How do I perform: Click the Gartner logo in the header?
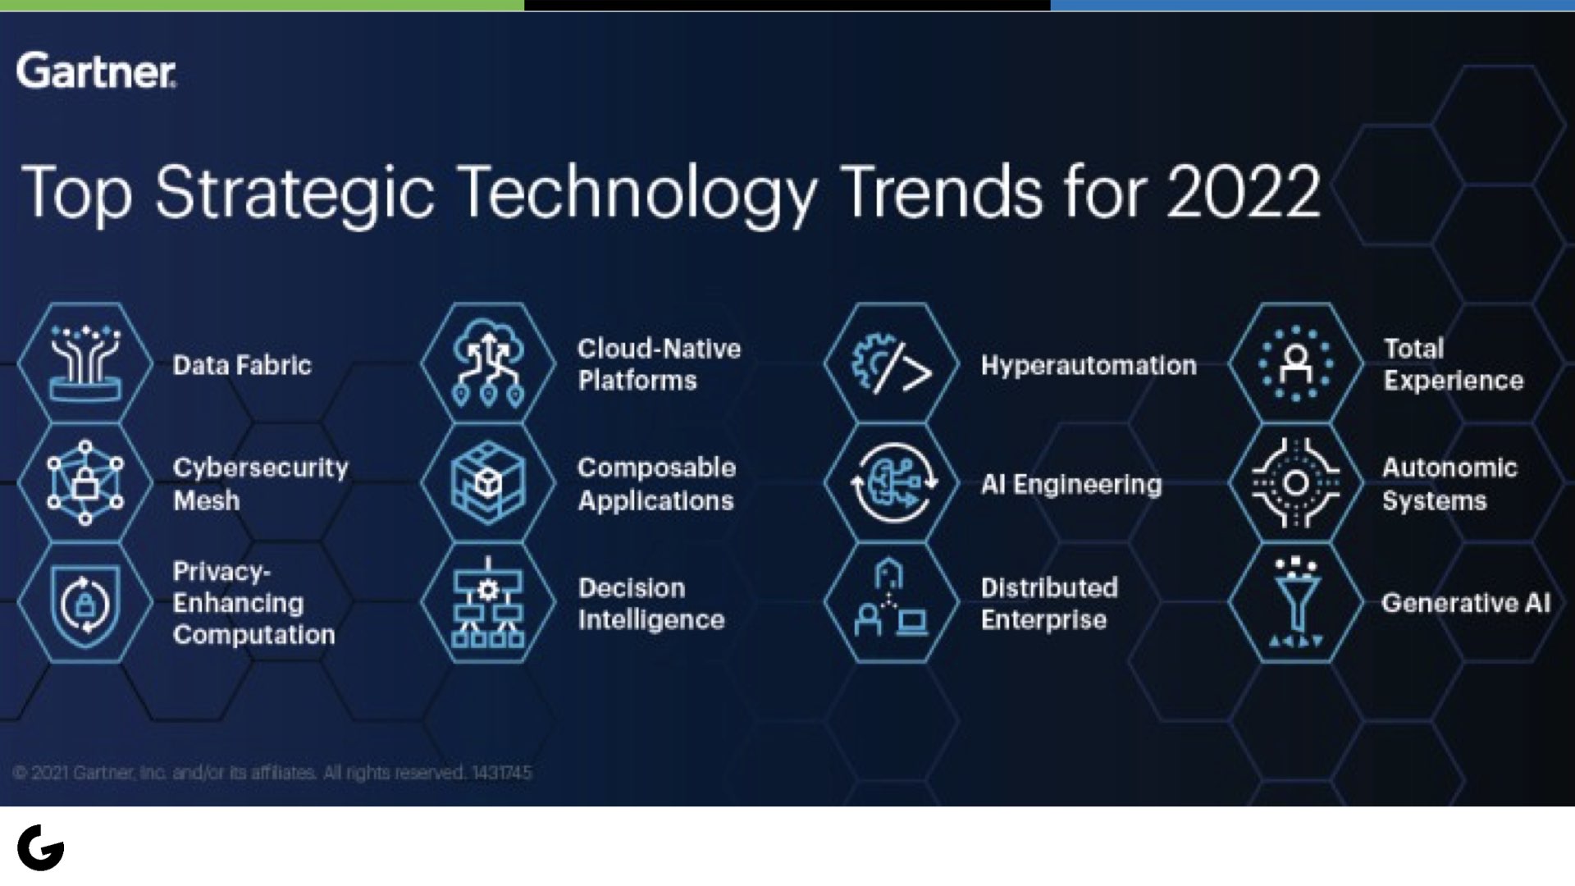[96, 71]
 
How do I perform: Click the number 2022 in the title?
[1243, 192]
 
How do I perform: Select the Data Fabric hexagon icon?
[84, 363]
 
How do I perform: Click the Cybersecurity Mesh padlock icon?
[84, 483]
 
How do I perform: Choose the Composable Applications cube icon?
[489, 483]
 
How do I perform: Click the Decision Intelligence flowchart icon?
[489, 603]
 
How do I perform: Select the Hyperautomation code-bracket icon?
[892, 363]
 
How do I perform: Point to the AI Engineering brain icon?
[892, 483]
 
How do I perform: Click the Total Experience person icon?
[1296, 363]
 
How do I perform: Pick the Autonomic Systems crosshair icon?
[1296, 483]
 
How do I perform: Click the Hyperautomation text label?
[1089, 365]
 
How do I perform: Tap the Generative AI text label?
[1466, 603]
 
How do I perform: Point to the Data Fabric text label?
[242, 365]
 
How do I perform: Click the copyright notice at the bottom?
[272, 773]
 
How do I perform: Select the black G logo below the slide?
[41, 847]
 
